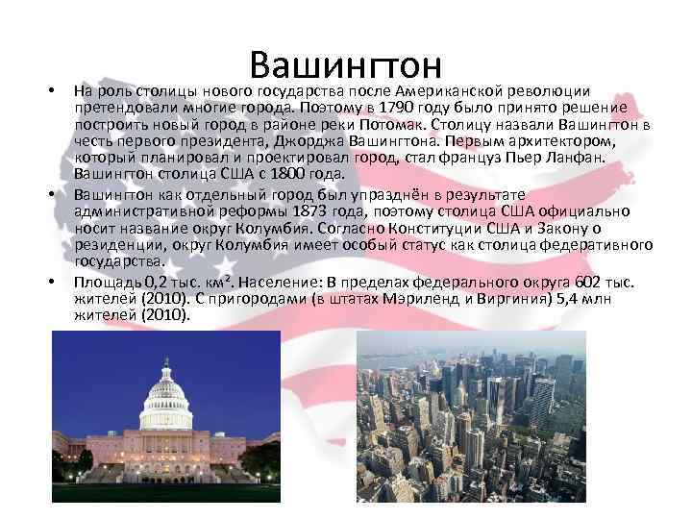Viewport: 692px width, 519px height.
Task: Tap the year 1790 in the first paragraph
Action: click(396, 107)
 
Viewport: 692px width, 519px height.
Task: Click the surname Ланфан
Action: click(588, 158)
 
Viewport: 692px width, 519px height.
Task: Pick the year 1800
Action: click(283, 174)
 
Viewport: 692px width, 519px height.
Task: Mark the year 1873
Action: click(320, 210)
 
